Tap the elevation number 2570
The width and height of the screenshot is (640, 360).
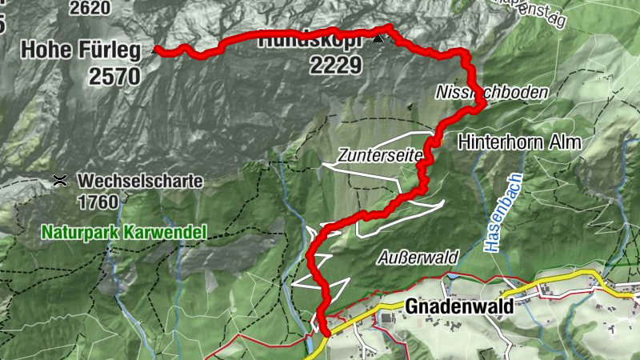pyautogui.click(x=115, y=76)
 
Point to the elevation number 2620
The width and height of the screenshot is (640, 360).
pyautogui.click(x=90, y=9)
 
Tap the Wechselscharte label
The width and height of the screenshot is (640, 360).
pyautogui.click(x=140, y=181)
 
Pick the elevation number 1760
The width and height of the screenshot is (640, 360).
pyautogui.click(x=98, y=201)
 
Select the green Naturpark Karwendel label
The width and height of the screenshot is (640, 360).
pyautogui.click(x=124, y=233)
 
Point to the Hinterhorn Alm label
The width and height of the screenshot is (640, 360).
pyautogui.click(x=519, y=142)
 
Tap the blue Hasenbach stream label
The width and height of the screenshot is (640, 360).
pyautogui.click(x=502, y=214)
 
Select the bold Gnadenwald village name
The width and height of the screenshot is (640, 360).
pyautogui.click(x=458, y=306)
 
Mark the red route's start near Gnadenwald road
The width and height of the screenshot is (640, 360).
pyautogui.click(x=326, y=333)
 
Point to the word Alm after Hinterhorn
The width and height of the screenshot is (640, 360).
pyautogui.click(x=566, y=142)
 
